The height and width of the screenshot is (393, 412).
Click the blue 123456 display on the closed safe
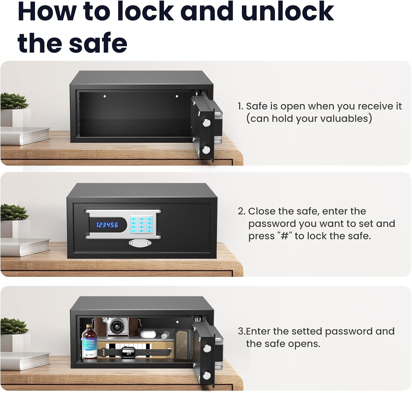107,225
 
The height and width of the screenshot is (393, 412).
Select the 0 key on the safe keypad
141,231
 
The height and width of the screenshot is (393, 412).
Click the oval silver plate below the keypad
140,243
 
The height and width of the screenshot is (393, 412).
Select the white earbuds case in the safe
148,334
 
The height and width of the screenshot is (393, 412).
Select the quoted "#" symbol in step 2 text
284,236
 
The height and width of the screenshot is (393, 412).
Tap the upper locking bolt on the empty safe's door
207,122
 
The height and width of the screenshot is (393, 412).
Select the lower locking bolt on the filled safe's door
207,375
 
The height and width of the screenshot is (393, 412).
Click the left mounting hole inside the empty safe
105,96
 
